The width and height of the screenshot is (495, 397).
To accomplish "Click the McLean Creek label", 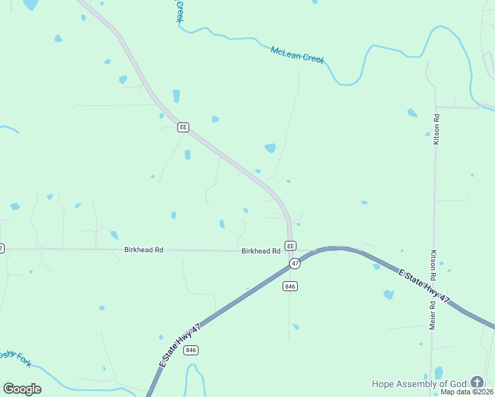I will click(297, 54).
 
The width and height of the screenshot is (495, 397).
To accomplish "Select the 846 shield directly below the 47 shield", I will click(290, 286).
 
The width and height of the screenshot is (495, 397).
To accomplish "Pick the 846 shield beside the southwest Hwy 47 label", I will click(191, 350).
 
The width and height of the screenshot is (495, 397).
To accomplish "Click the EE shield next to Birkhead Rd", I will click(290, 245).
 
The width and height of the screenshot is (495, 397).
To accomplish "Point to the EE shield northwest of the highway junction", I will click(183, 127).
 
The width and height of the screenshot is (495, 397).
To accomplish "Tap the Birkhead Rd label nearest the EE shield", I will click(261, 251).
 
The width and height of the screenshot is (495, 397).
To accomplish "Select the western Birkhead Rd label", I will click(144, 249).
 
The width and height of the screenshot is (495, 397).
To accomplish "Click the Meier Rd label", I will click(431, 315).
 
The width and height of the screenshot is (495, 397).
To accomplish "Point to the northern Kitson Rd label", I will click(436, 129).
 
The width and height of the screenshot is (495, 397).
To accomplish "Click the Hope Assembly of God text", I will click(419, 383).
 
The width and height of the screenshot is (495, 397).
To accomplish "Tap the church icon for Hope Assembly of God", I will click(476, 382).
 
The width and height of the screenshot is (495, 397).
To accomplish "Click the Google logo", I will click(22, 388).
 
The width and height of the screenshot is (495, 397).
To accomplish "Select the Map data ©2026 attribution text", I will click(467, 392).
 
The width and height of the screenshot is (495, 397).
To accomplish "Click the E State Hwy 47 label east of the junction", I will click(424, 285).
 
